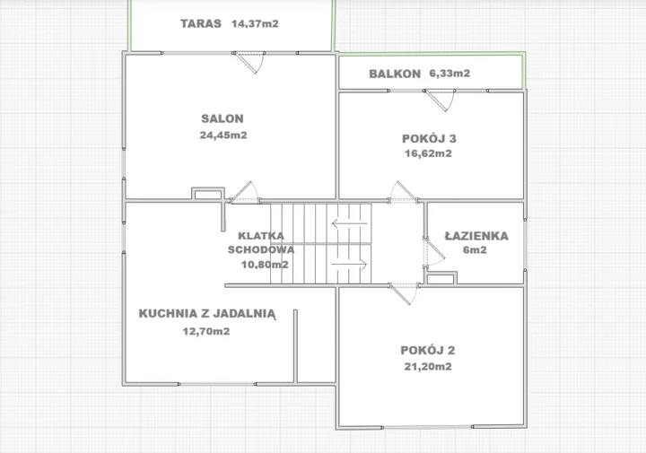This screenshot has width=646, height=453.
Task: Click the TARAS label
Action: pyautogui.click(x=201, y=23)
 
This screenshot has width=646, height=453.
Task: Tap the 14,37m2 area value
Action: pyautogui.click(x=255, y=23)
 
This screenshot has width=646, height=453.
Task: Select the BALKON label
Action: pyautogui.click(x=395, y=74)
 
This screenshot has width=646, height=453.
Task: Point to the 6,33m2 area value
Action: pyautogui.click(x=450, y=74)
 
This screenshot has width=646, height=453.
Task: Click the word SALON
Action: pyautogui.click(x=223, y=118)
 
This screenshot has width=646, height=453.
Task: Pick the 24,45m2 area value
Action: pyautogui.click(x=223, y=135)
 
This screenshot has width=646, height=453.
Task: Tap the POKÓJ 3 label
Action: pyautogui.click(x=429, y=138)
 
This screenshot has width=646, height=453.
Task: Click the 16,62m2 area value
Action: pyautogui.click(x=428, y=153)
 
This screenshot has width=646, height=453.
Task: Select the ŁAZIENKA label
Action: pyautogui.click(x=476, y=236)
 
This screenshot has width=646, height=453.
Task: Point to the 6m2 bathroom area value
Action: pyautogui.click(x=475, y=249)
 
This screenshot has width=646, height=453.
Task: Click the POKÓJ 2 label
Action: pyautogui.click(x=428, y=350)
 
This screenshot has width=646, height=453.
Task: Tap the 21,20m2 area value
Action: pyautogui.click(x=428, y=366)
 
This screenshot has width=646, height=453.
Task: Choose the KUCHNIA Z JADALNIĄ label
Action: pyautogui.click(x=207, y=314)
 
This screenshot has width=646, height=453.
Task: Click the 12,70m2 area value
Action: pyautogui.click(x=206, y=331)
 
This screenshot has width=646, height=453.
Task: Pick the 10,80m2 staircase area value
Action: pyautogui.click(x=265, y=265)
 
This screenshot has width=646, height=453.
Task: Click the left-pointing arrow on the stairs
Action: pyautogui.click(x=349, y=223)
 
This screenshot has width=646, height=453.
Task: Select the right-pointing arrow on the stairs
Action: pyautogui.click(x=349, y=265)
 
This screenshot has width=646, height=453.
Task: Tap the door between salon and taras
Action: pyautogui.click(x=249, y=63)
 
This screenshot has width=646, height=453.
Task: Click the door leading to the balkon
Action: pyautogui.click(x=440, y=100)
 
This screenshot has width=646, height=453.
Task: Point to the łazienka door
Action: pyautogui.click(x=434, y=252)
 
